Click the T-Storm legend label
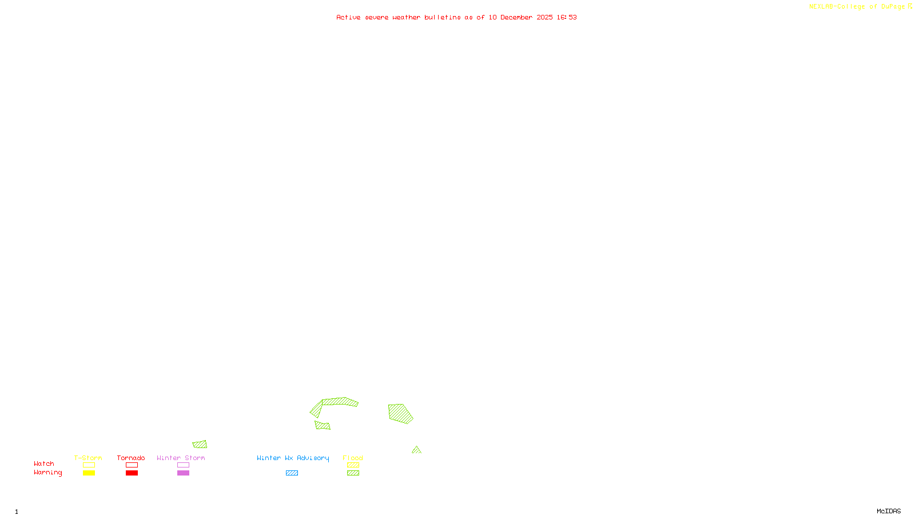[x=88, y=458]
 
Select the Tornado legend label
[x=131, y=458]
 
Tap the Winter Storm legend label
[x=181, y=458]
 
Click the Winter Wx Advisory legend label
[x=293, y=458]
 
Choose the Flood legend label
[x=353, y=458]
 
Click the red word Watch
[x=44, y=463]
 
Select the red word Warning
[x=48, y=473]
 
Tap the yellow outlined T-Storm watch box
[x=89, y=465]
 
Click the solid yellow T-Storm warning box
[x=89, y=473]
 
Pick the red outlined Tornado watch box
[x=132, y=465]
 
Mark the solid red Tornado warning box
[x=132, y=473]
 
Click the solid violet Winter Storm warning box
[x=183, y=473]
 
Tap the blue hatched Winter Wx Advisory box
[x=292, y=473]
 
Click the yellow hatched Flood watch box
[x=353, y=465]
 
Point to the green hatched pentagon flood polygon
[x=400, y=413]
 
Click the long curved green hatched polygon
[x=340, y=402]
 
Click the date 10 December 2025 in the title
[x=520, y=17]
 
